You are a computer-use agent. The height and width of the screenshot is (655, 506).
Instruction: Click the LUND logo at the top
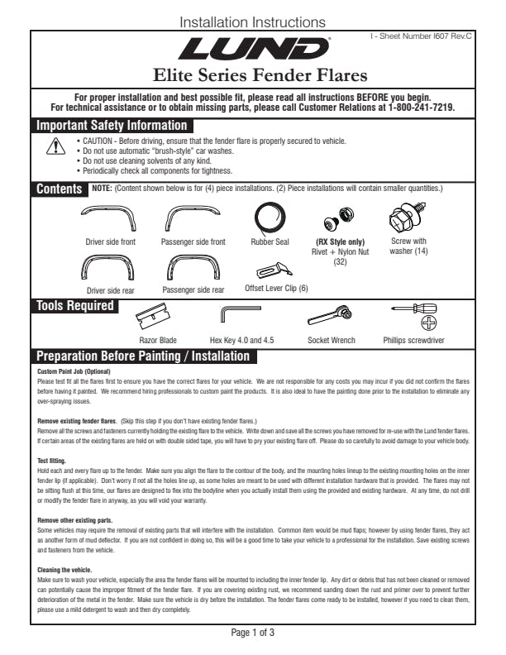(254, 50)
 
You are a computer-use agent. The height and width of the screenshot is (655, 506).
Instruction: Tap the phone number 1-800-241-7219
(421, 108)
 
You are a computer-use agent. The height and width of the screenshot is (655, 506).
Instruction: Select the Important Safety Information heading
(112, 126)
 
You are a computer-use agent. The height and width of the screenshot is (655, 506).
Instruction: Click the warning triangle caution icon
(55, 147)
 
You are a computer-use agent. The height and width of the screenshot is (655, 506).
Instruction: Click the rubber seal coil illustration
(270, 218)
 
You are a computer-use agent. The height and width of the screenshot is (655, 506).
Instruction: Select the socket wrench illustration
(329, 317)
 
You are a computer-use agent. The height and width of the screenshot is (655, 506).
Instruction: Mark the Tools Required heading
(74, 306)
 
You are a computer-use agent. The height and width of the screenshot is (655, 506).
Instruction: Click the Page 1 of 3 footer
(253, 633)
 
